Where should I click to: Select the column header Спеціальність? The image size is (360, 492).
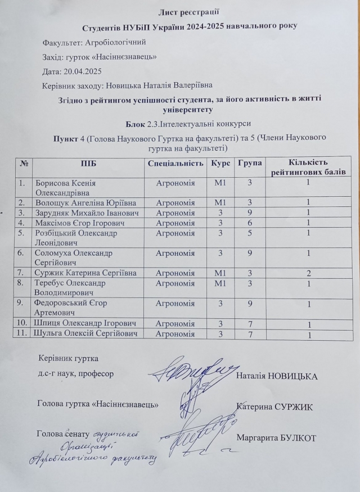(x=175, y=163)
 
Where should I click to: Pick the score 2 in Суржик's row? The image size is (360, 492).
(x=308, y=273)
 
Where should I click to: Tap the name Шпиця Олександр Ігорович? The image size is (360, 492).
(x=85, y=323)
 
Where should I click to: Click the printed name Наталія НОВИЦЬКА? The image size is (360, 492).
(x=278, y=376)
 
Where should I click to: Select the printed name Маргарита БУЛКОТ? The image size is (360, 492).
(x=277, y=437)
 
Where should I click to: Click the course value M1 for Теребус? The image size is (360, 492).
(x=220, y=283)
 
